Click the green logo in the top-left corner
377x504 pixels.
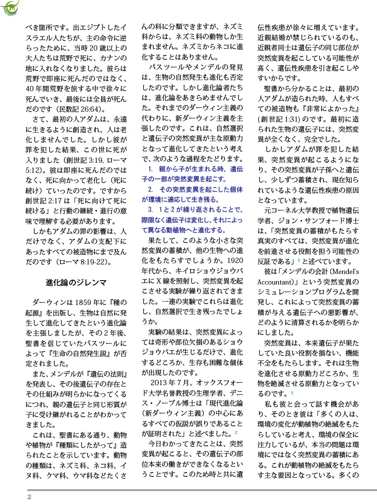click(x=10, y=7)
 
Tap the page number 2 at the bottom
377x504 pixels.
click(x=29, y=497)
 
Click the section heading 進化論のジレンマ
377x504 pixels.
click(x=76, y=283)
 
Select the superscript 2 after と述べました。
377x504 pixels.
click(x=236, y=432)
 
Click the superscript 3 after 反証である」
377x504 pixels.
click(x=298, y=260)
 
